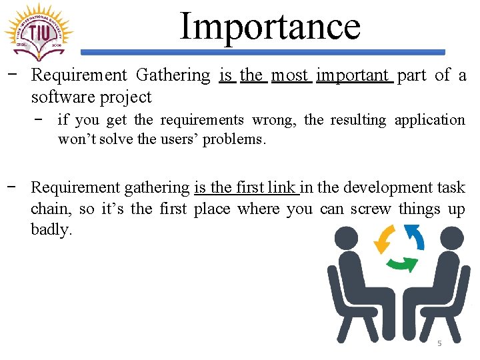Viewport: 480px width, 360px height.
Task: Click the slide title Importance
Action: (270, 26)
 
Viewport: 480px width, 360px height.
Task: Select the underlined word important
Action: (353, 75)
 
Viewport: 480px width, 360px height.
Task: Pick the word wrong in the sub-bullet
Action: (273, 120)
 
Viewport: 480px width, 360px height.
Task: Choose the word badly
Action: (51, 230)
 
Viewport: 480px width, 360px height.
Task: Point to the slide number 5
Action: (439, 343)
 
